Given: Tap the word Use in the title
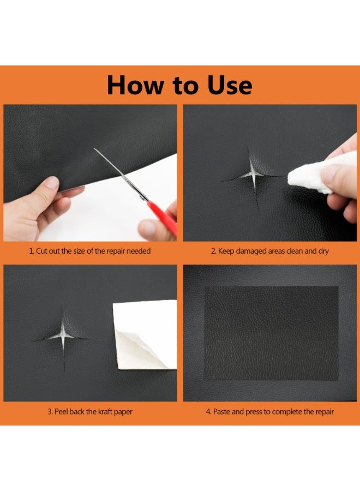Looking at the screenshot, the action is point(230,85).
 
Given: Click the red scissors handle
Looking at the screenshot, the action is point(163,218).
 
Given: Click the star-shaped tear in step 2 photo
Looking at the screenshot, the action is point(254,177).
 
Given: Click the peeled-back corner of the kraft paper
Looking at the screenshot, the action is point(138,350).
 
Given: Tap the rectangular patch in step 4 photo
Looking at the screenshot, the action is point(271,333).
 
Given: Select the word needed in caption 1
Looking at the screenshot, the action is point(139,251).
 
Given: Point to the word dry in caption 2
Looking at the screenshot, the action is point(323,251).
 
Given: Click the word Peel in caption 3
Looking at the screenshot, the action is point(61,411).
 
